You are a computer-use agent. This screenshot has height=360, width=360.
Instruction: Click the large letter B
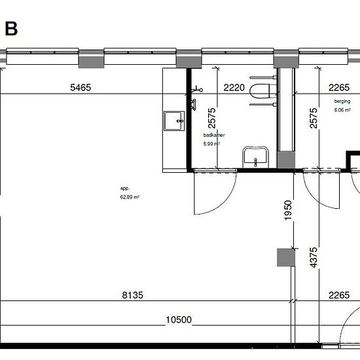tap(11, 29)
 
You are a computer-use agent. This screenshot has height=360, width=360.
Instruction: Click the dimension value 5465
tap(81, 88)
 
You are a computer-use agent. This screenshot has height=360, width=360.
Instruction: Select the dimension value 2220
tap(234, 88)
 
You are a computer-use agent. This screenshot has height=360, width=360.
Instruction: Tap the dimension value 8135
tap(132, 295)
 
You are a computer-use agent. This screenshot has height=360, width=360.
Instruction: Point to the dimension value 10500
tap(179, 319)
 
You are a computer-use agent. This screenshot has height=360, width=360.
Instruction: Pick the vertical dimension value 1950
tap(288, 210)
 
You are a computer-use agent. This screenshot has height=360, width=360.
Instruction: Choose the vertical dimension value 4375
tap(314, 257)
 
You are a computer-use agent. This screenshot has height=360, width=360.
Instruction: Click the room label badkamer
tap(214, 135)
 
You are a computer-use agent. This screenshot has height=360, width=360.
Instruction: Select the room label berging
tap(342, 101)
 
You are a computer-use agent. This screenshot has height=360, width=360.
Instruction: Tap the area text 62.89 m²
tap(130, 197)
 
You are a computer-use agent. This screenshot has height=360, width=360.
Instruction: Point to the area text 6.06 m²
tap(342, 110)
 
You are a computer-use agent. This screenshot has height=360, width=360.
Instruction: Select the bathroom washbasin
tap(255, 156)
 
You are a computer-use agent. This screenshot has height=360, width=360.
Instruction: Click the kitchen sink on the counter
tap(174, 121)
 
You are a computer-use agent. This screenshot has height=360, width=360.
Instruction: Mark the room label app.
tap(125, 189)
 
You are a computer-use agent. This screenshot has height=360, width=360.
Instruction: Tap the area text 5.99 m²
tap(211, 144)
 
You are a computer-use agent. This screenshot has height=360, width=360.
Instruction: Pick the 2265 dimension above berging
tap(339, 88)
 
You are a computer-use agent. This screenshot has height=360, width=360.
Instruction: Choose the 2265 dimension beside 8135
tap(339, 295)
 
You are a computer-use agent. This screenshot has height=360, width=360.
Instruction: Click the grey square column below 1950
tap(286, 257)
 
